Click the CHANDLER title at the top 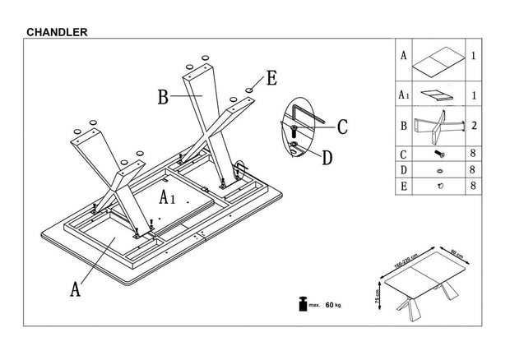pyautogui.click(x=58, y=32)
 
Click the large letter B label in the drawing pyautogui.click(x=164, y=98)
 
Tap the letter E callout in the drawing pyautogui.click(x=272, y=79)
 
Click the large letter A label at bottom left pyautogui.click(x=75, y=288)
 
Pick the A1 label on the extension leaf pyautogui.click(x=168, y=197)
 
